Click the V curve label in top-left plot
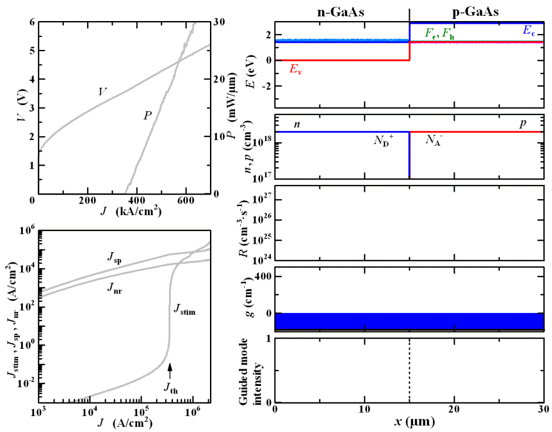tap(102, 92)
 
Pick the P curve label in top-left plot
tap(147, 116)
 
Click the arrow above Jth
tap(170, 372)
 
